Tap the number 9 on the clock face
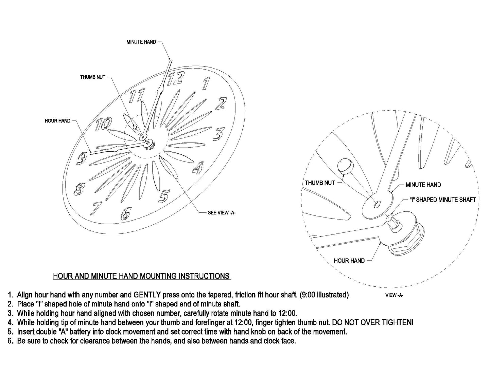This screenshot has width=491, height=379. tap(82, 158)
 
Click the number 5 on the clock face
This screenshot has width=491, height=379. tap(164, 196)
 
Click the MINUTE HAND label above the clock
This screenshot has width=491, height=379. tap(141, 42)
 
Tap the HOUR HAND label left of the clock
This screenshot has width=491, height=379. tap(57, 121)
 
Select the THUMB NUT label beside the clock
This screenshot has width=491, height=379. tap(92, 77)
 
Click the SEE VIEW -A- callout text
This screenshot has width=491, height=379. tap(222, 213)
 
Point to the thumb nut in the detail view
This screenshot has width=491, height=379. tap(345, 166)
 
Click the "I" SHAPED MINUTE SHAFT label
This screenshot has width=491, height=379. tap(442, 200)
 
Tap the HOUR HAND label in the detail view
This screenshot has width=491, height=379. tap(349, 261)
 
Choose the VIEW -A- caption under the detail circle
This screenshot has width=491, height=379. tap(394, 295)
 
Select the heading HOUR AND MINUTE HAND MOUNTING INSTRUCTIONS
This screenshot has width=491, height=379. tap(141, 276)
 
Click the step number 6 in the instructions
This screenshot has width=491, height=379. tap(10, 341)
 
